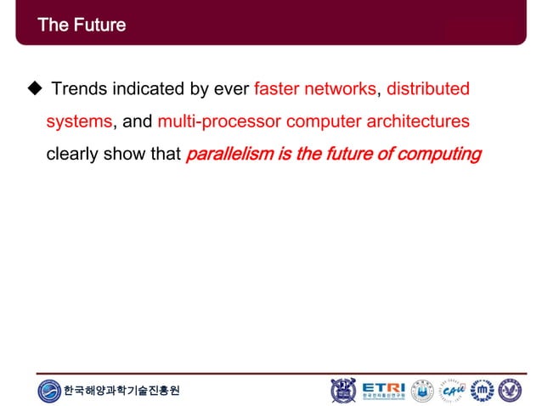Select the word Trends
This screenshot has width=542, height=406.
[78, 89]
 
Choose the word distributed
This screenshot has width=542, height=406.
[428, 89]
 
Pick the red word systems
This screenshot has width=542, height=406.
[78, 121]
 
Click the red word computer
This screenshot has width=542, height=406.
[324, 121]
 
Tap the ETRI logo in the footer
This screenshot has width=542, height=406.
[383, 390]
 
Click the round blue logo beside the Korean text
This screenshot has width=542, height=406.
[49, 391]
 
